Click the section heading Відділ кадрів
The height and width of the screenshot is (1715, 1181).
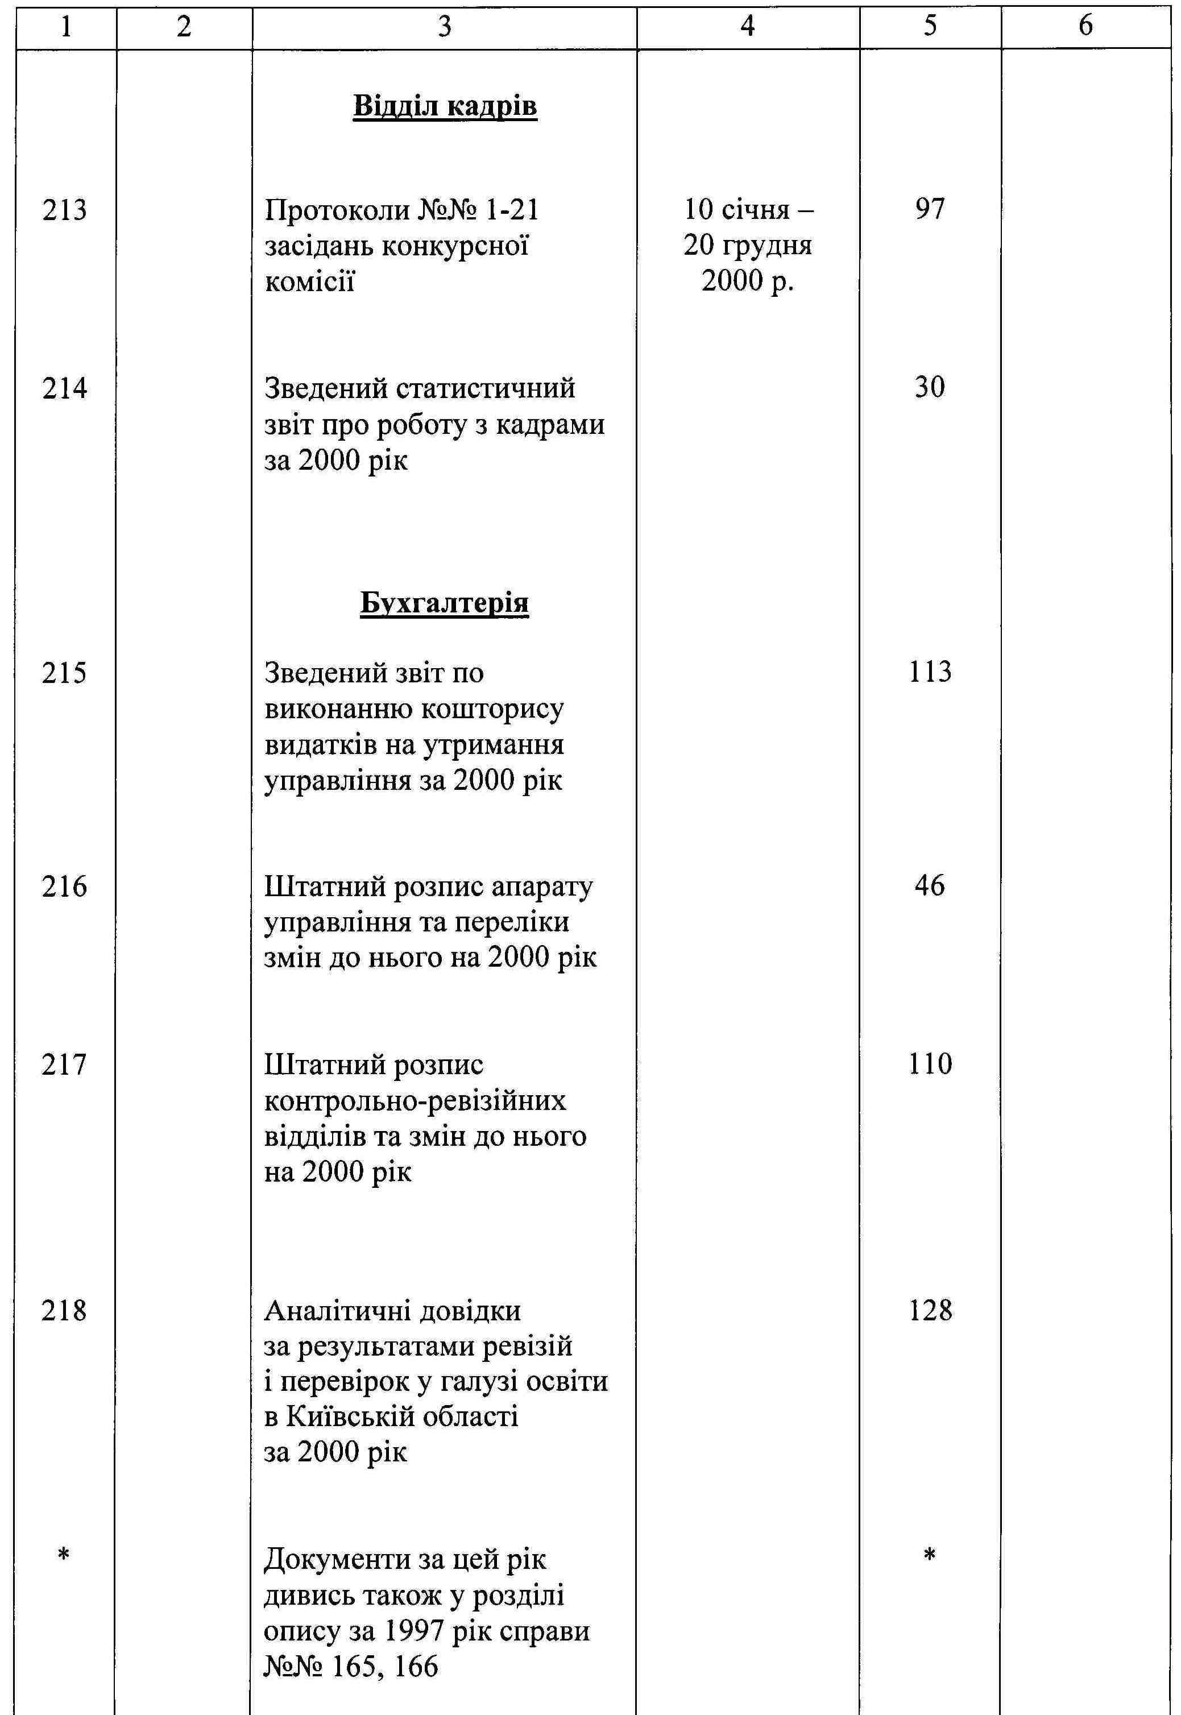click(x=445, y=106)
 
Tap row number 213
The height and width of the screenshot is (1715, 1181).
click(x=64, y=210)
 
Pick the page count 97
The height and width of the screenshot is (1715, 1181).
click(x=930, y=209)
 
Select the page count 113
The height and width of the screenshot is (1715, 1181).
click(x=930, y=672)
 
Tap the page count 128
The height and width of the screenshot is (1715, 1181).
click(x=930, y=1310)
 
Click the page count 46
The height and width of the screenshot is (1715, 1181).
click(x=930, y=885)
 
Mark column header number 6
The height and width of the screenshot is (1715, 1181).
click(x=1085, y=27)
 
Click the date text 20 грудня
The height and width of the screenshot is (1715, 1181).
click(x=747, y=246)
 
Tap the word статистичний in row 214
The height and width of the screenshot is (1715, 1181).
click(x=486, y=389)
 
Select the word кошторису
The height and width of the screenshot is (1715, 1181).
click(x=492, y=709)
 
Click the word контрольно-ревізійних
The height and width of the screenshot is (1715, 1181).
click(x=415, y=1101)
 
